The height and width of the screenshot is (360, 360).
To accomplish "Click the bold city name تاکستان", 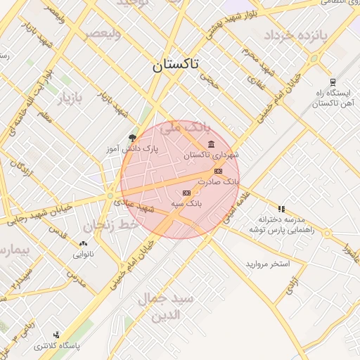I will tap(176, 65).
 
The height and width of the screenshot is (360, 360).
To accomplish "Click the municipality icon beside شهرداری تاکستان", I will tap(212, 144).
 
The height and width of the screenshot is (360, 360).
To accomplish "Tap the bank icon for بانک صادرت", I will tap(218, 171).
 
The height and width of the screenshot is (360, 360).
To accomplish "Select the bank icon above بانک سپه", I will tap(187, 193).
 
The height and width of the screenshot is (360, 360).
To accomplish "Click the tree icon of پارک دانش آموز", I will tap(133, 138).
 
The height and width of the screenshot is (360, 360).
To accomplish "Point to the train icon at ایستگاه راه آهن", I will tap(332, 82).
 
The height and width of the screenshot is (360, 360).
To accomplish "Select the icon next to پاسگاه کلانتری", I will tap(56, 335).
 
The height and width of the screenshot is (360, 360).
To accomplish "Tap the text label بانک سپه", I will tap(187, 203).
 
